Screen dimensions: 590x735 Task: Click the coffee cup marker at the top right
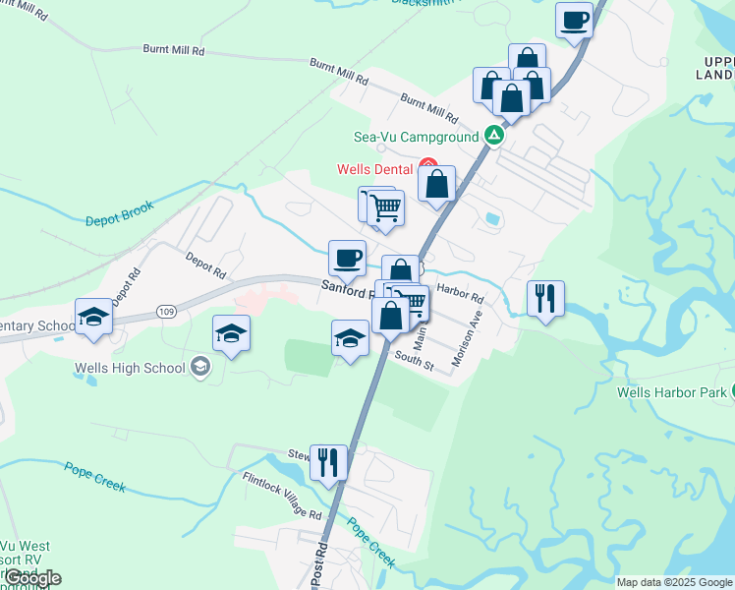tap(575, 20)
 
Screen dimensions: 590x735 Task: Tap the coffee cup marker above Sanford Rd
tap(347, 259)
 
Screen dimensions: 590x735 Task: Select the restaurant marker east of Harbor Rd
tap(545, 298)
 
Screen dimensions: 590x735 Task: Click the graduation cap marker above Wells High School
tap(232, 333)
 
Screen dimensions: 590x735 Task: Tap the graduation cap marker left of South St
tap(351, 339)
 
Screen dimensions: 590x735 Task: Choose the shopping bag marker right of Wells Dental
tap(436, 184)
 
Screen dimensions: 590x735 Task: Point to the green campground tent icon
tap(494, 136)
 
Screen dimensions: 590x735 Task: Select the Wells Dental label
tap(374, 169)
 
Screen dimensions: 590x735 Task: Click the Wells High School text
tap(130, 369)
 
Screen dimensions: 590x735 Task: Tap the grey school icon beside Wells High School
tap(200, 368)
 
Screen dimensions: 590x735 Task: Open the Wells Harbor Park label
tap(672, 393)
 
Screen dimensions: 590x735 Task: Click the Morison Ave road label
tap(468, 340)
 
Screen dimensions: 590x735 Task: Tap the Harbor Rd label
tap(461, 293)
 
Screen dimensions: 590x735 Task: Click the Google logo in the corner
tap(32, 578)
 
